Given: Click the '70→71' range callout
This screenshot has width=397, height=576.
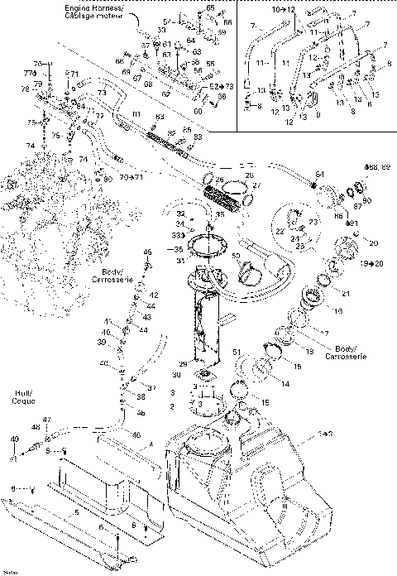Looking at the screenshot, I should (x=130, y=177).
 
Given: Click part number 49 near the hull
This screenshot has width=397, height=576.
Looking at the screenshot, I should (x=14, y=439).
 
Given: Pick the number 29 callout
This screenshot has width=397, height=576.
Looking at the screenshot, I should (x=184, y=363).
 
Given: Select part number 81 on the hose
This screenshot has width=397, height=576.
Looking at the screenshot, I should (x=136, y=113).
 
